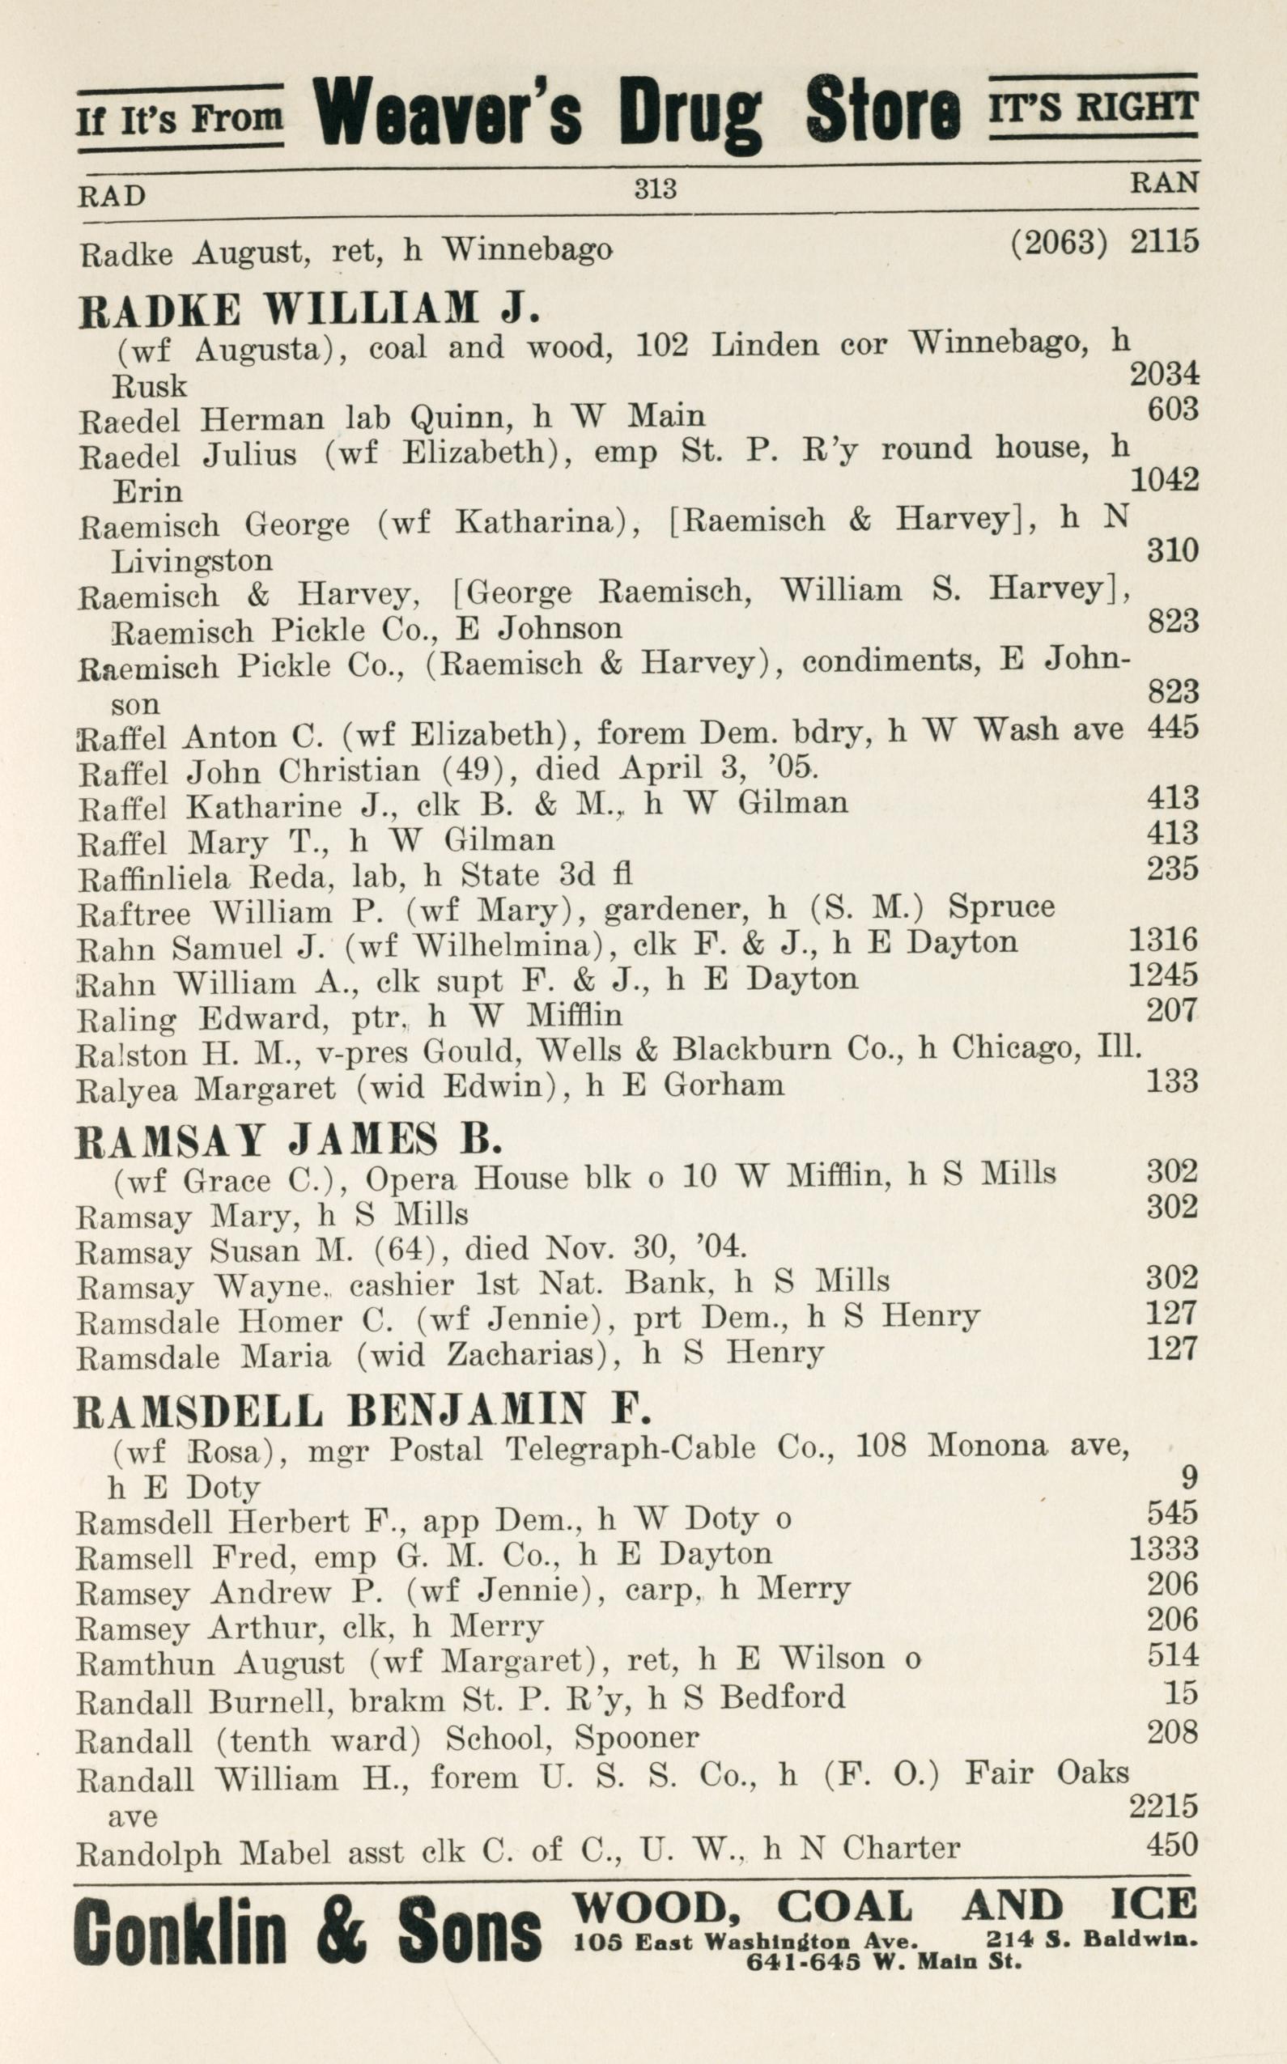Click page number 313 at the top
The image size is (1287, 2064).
[x=655, y=187]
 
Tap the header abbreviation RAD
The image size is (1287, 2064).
[x=112, y=197]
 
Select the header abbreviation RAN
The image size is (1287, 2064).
[x=1164, y=182]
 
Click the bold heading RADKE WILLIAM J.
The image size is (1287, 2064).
[x=309, y=310]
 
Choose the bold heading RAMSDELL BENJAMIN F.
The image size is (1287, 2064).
[x=363, y=1410]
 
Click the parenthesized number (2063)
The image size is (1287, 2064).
[x=1059, y=244]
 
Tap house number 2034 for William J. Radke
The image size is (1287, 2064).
[x=1164, y=373]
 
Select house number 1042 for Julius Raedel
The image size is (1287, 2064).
[x=1164, y=481]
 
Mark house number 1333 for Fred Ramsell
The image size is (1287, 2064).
[x=1164, y=1548]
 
